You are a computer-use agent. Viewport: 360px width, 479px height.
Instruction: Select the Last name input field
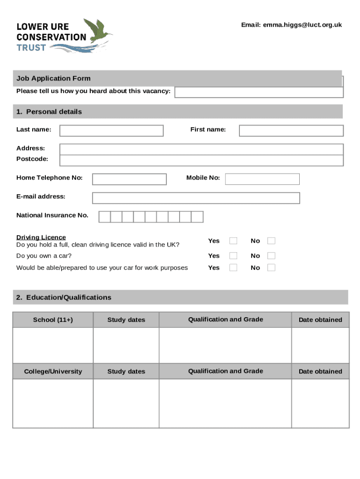111,131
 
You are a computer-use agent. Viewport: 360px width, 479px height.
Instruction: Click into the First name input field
291,131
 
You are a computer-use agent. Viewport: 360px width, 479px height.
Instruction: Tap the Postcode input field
201,160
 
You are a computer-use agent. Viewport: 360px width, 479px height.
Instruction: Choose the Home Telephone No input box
129,179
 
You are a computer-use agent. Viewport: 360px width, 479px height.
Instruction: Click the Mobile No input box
262,179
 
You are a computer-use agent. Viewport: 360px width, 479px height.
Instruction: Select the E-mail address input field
196,198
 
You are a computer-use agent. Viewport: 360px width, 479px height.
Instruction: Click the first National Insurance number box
104,217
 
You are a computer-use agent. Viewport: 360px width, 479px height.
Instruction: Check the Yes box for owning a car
233,256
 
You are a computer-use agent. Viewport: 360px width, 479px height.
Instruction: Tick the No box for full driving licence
271,241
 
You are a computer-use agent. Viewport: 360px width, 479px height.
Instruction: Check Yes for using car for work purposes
233,268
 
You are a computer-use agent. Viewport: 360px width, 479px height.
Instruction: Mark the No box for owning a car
271,256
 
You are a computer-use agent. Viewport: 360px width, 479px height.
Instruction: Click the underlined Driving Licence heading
41,237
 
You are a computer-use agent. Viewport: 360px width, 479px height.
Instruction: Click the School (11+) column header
53,320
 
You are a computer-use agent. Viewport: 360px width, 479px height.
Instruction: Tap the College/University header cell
53,371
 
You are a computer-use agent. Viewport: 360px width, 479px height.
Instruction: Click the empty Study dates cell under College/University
126,403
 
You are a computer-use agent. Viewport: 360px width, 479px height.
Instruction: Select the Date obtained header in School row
320,320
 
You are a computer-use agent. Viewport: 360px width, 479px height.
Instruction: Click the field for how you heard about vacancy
259,92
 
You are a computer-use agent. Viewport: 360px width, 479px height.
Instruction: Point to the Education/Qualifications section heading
64,298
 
